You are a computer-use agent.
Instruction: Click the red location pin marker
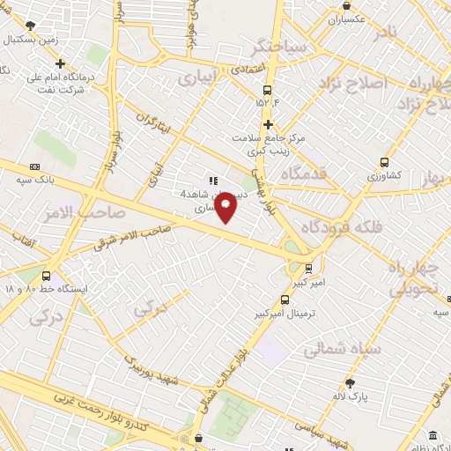[x=226, y=206]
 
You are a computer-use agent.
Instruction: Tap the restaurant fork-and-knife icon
[x=212, y=181]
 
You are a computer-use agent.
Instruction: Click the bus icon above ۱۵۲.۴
[x=268, y=90]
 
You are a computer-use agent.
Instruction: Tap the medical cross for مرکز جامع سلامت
[x=268, y=125]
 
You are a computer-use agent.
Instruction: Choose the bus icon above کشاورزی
[x=384, y=162]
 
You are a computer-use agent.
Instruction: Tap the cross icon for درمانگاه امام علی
[x=60, y=63]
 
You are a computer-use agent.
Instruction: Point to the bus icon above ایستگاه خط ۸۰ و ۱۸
[x=46, y=276]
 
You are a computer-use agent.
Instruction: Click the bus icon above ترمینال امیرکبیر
[x=283, y=300]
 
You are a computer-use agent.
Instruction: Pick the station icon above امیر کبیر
[x=310, y=269]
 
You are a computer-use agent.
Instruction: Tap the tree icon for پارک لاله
[x=350, y=382]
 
